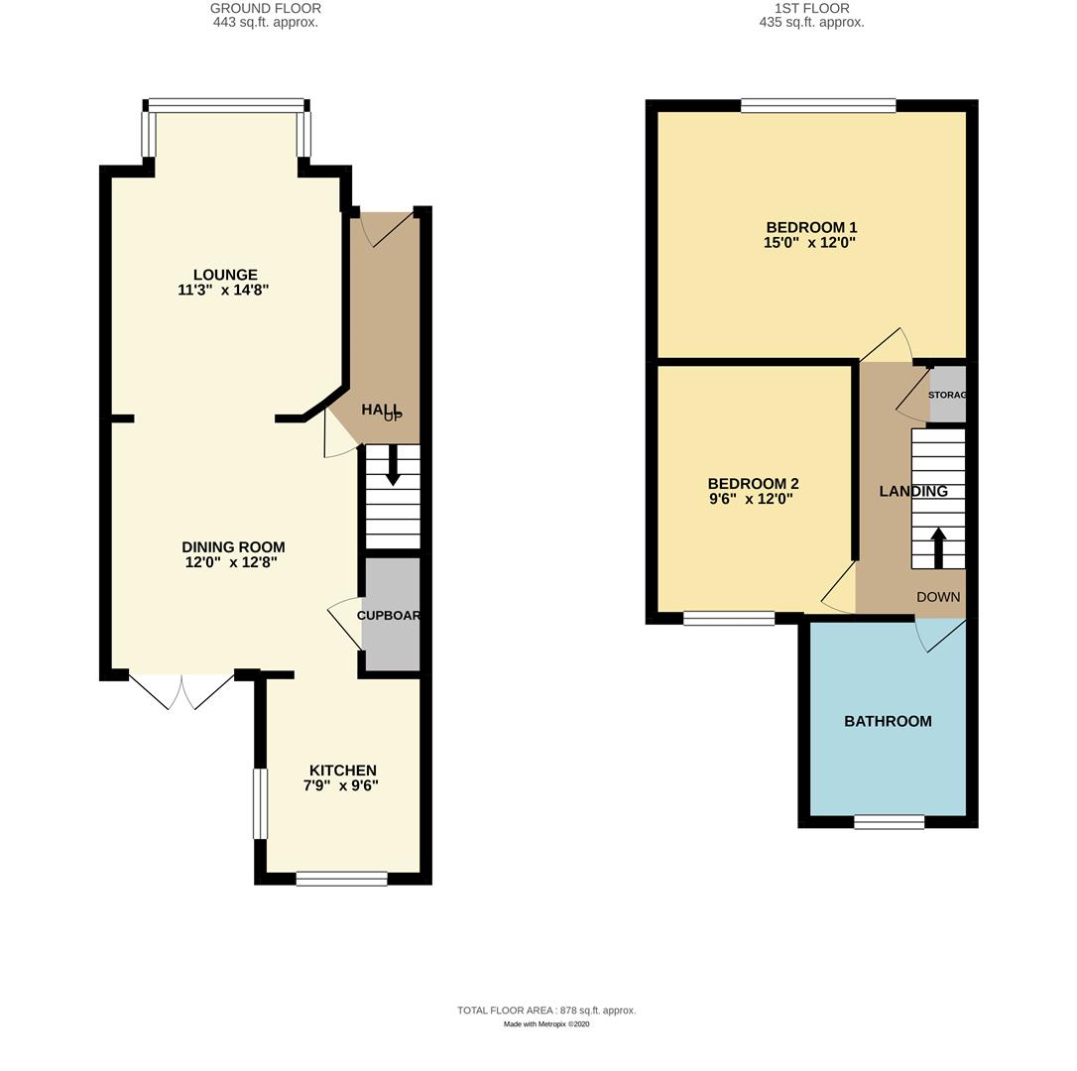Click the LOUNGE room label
click(225, 275)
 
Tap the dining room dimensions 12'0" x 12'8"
click(231, 562)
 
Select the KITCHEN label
click(342, 771)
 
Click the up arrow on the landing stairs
click(938, 546)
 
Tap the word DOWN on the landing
click(938, 597)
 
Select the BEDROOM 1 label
click(811, 227)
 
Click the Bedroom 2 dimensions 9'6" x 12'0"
click(750, 499)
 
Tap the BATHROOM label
click(888, 721)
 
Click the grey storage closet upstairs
click(947, 395)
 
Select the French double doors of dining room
click(181, 691)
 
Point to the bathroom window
click(889, 821)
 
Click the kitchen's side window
click(260, 803)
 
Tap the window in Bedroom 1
click(818, 106)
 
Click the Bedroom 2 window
click(729, 619)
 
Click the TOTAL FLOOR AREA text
click(546, 1011)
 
